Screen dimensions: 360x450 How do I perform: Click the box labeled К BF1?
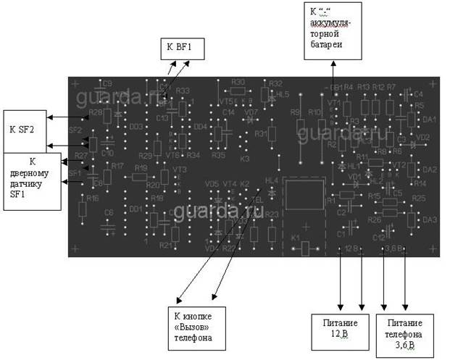click(181, 49)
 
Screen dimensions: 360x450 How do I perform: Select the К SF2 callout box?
click(25, 130)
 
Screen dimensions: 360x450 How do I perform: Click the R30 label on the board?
click(238, 82)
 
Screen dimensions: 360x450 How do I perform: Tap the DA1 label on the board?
click(428, 119)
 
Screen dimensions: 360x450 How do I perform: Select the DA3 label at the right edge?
click(428, 219)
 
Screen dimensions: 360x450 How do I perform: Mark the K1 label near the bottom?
click(295, 238)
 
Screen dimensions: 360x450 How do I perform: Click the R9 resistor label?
click(294, 113)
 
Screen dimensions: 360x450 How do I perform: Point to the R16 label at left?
click(91, 198)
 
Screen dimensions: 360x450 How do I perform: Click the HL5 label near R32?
click(283, 95)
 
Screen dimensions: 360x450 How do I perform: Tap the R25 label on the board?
click(417, 198)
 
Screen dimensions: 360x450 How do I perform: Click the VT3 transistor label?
click(180, 169)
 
